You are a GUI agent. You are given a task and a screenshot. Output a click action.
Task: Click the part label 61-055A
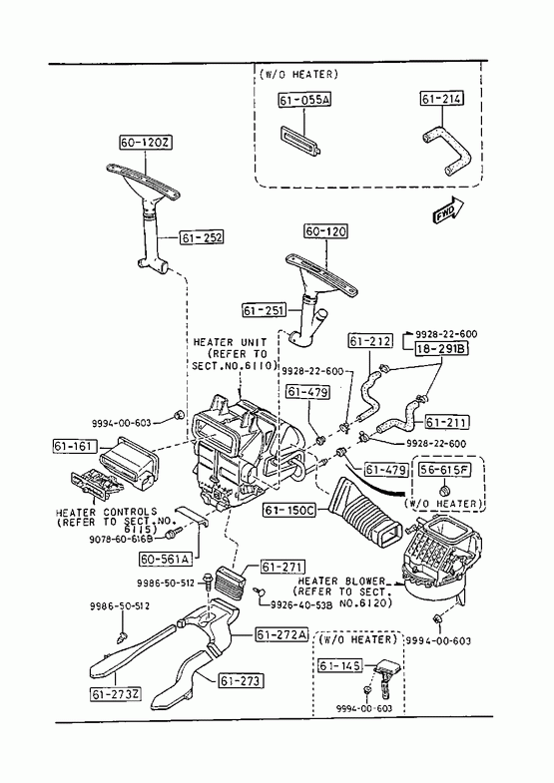304,100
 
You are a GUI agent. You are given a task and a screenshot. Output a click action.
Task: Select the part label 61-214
441,99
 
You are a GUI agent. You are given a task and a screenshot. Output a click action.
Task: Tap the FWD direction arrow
448,210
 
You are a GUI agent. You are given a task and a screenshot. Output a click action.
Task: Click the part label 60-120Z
146,143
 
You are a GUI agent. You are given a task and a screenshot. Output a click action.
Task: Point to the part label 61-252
202,237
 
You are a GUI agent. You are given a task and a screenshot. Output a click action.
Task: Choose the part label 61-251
265,310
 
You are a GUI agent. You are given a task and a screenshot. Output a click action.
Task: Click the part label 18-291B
441,348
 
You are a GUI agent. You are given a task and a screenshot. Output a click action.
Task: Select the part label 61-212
370,341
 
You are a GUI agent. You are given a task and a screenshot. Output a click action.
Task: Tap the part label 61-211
447,423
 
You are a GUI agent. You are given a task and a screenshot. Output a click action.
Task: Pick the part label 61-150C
289,511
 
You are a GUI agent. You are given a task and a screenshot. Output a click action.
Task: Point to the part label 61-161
75,446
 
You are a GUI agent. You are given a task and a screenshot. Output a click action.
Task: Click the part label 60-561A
166,560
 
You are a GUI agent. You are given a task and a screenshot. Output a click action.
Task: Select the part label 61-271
282,568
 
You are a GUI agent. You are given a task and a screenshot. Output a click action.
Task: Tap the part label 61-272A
281,634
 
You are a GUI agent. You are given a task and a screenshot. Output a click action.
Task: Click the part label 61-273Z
116,694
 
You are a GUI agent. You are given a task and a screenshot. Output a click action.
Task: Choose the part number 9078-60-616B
120,540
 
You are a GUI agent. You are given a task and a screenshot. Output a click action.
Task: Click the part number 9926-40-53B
301,604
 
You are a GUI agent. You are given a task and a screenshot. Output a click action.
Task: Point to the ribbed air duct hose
364,515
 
